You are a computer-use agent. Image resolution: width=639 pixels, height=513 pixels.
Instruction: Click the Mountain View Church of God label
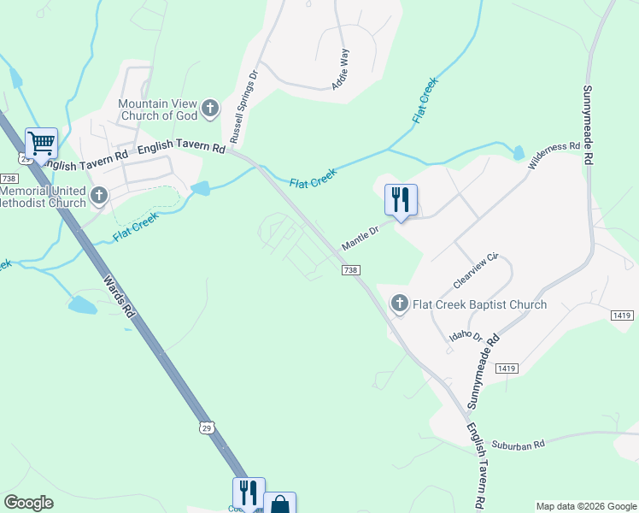coord(158,109)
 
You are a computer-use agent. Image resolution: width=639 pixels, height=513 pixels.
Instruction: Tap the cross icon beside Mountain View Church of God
coord(211,109)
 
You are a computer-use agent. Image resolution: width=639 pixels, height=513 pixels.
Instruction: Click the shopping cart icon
coord(40,143)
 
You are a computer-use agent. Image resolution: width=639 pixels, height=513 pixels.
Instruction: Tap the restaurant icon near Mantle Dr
coord(401,200)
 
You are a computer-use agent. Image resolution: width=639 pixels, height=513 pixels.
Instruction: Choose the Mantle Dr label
coord(361,238)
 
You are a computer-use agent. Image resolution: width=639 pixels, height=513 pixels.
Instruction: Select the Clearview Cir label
coord(479,268)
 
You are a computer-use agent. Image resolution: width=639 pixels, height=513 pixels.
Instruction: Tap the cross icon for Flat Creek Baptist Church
coord(399,304)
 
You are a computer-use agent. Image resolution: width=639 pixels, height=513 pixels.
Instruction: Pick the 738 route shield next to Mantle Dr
coord(350,270)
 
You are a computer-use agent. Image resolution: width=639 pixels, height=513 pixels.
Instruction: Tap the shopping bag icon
coord(279,504)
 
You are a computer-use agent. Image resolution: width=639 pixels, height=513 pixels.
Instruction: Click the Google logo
coord(29,503)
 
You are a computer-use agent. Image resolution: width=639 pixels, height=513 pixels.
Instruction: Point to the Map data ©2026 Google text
coord(586,506)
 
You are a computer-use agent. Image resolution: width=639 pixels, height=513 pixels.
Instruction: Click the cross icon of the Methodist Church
coord(99,197)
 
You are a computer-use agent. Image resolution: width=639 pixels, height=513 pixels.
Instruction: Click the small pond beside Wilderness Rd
coord(519,154)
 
